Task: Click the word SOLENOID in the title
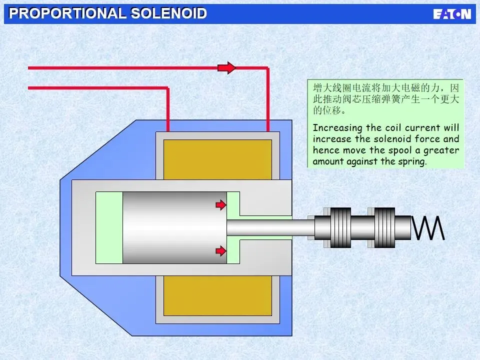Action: [168, 13]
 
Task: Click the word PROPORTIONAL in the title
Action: [67, 13]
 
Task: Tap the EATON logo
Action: [452, 14]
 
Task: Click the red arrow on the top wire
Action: [227, 67]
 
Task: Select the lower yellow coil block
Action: [217, 295]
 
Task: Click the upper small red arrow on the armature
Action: [220, 204]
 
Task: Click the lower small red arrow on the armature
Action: [220, 250]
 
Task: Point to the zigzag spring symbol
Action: [428, 228]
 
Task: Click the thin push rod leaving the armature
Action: [270, 228]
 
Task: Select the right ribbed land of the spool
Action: [384, 228]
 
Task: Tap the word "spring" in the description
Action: [413, 161]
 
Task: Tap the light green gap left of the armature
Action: [109, 228]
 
